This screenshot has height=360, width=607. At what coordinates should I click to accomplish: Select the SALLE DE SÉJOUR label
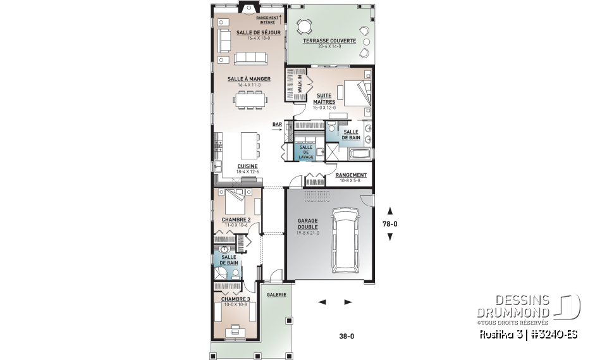click(254, 32)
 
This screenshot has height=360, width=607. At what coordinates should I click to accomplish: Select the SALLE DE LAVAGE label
click(306, 152)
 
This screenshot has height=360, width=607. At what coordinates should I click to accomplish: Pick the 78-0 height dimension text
click(390, 224)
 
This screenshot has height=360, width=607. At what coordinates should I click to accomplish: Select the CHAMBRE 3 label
click(236, 299)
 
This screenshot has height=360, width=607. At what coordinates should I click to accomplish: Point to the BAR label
click(277, 125)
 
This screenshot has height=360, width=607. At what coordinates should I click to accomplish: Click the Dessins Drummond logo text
click(513, 307)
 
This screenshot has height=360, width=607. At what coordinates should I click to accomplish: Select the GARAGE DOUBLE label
click(308, 224)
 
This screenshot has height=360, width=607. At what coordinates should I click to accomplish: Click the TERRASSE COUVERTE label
click(329, 41)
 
